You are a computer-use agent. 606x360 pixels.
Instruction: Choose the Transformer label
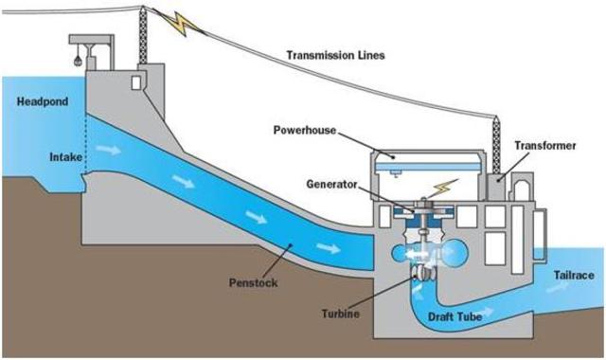pyautogui.click(x=544, y=145)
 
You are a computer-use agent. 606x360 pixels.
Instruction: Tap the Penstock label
pyautogui.click(x=253, y=282)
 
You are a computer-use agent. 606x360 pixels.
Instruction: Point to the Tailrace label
pyautogui.click(x=574, y=275)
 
